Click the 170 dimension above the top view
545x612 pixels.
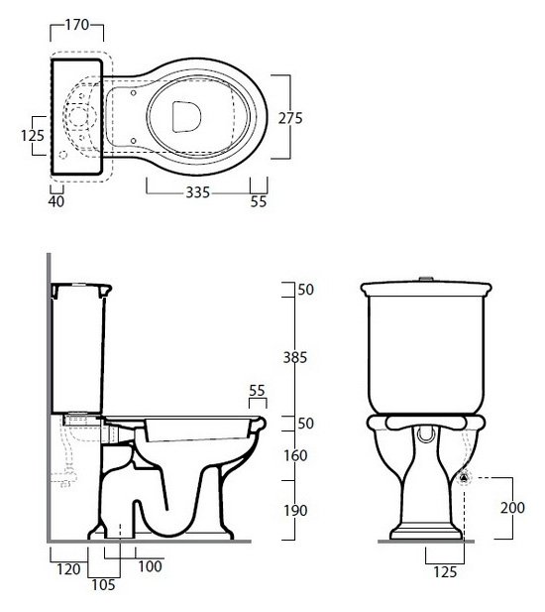(x=77, y=25)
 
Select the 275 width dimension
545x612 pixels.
(x=290, y=118)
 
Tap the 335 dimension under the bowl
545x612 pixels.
(x=197, y=192)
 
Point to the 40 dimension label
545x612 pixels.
(x=56, y=201)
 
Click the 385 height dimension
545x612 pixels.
(x=295, y=357)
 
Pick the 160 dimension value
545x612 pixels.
(x=295, y=455)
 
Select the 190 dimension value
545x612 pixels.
(x=295, y=511)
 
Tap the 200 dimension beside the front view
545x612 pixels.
(x=512, y=508)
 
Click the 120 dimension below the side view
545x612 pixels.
(x=68, y=569)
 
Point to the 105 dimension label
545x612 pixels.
(x=103, y=585)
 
